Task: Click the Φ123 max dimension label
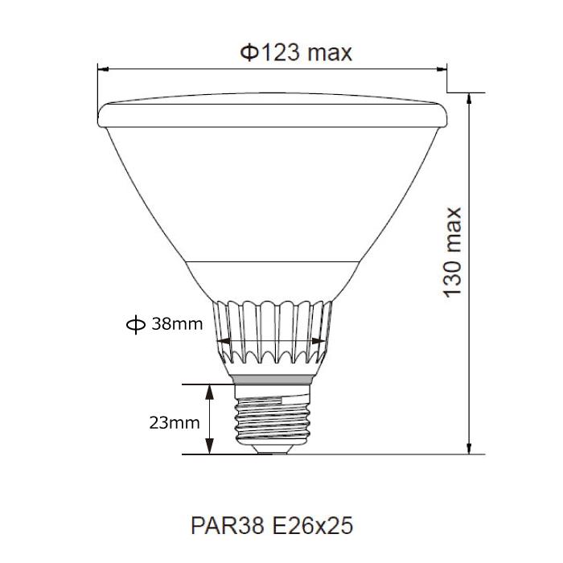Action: pyautogui.click(x=296, y=52)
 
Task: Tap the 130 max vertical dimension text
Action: pyautogui.click(x=454, y=252)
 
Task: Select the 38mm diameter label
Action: pyautogui.click(x=176, y=324)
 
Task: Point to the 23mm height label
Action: pyautogui.click(x=174, y=422)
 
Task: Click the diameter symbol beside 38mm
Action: pyautogui.click(x=134, y=324)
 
